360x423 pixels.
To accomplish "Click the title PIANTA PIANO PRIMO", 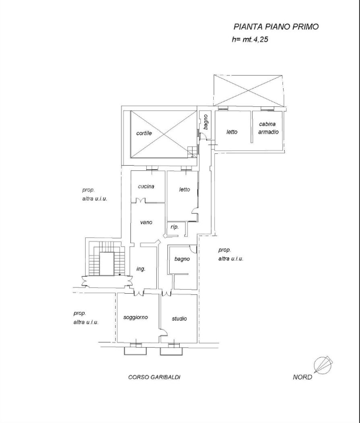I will pos(276,26).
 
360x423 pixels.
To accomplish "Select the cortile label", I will pos(144,133).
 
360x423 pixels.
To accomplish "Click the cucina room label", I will pos(146,186).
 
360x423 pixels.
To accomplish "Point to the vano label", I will pos(146,222).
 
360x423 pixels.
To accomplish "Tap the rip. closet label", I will pos(174,227).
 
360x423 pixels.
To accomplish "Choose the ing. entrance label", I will pos(141,268).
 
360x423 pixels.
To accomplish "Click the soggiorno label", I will pos(136,317).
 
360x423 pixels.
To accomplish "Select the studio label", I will pos(179,318).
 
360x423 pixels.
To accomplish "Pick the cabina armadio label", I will pos(268,128).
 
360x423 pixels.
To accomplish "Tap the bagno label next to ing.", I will pos(181,258).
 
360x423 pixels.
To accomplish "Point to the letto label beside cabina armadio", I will pos(232,132).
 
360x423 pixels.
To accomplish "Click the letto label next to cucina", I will pos(184,189).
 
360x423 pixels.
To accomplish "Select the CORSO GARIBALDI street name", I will pos(154,377).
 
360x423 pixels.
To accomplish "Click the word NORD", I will pos(302,377).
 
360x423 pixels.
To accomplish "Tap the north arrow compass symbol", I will pos(322,365).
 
